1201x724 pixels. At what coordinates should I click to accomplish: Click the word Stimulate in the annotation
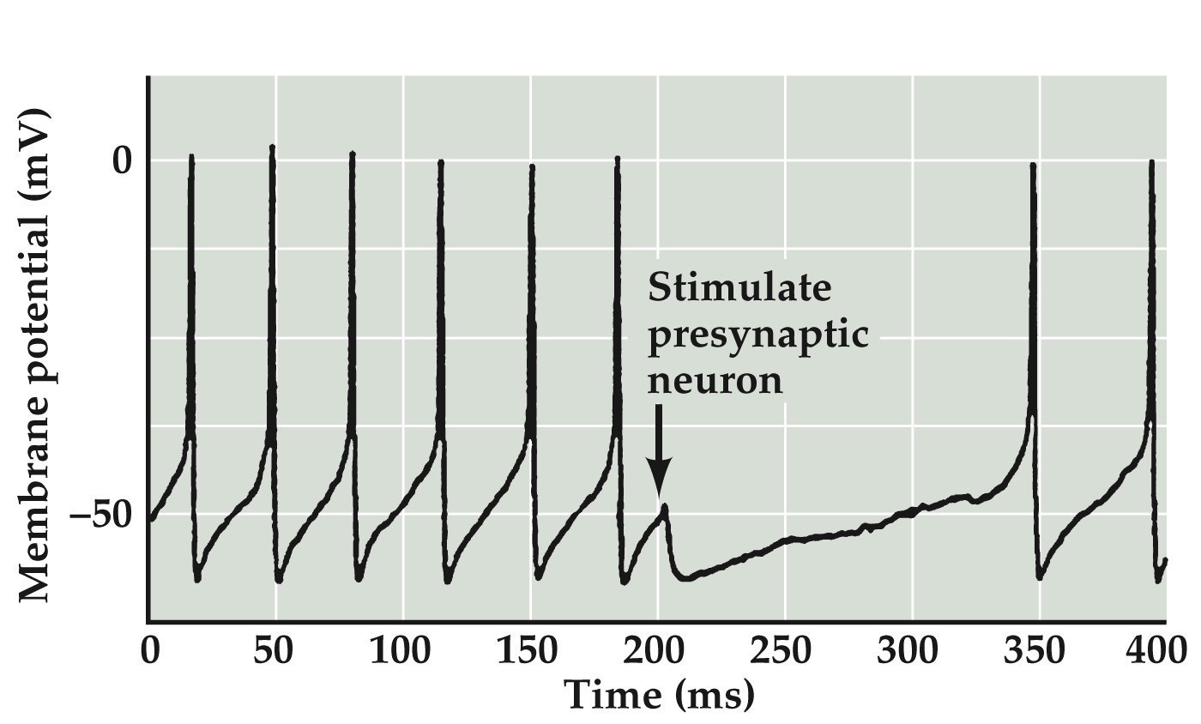[x=739, y=288]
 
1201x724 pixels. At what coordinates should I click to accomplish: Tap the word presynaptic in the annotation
[x=758, y=335]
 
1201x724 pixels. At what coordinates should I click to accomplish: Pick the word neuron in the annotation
[x=715, y=380]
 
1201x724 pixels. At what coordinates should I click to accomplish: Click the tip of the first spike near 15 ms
[x=191, y=158]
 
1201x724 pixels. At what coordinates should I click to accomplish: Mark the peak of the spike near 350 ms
[x=1033, y=166]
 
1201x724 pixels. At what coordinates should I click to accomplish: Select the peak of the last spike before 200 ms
[x=617, y=160]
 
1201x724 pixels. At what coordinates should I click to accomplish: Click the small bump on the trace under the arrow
[x=664, y=508]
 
